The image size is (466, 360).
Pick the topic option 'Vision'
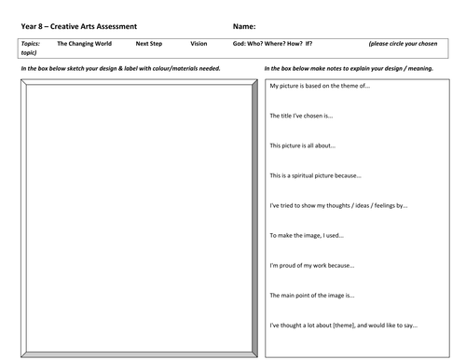(199, 44)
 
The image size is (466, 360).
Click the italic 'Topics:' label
(31, 44)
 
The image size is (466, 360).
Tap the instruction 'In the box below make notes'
(349, 69)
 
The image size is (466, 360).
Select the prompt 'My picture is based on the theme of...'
(320, 86)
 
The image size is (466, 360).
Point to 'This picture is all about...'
(303, 145)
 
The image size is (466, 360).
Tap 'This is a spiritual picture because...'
(315, 175)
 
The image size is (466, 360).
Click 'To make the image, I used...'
(308, 235)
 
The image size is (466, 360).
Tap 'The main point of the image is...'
(311, 296)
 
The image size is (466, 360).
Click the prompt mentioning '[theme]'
(342, 325)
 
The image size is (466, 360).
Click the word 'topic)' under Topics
(28, 53)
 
